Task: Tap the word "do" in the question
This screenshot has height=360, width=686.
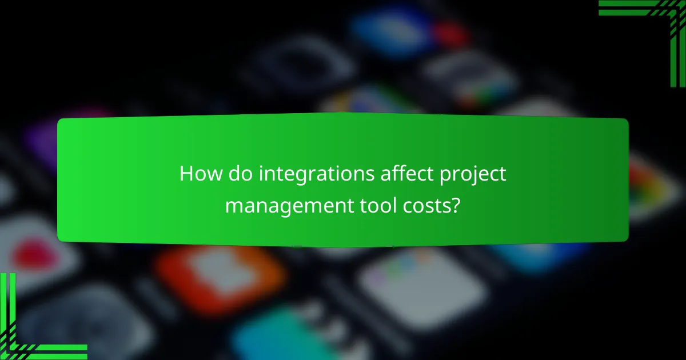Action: click(x=237, y=174)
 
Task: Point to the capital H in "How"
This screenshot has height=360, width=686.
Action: click(x=186, y=174)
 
